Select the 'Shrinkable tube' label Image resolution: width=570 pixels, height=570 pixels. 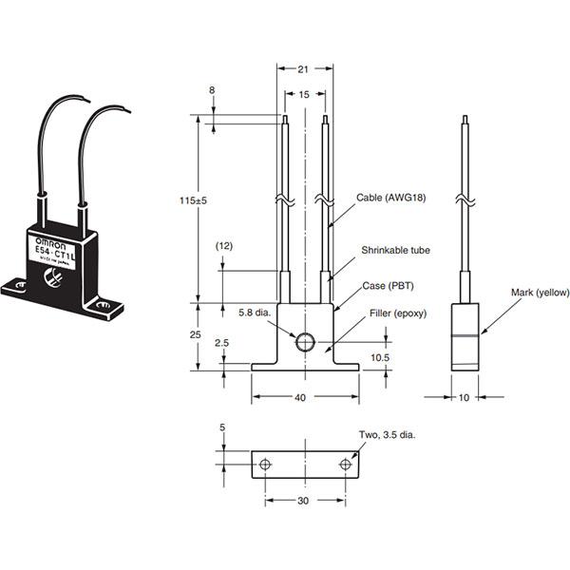pos(395,251)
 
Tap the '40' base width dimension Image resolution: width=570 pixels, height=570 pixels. pos(301,399)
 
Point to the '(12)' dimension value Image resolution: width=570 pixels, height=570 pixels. pos(224,247)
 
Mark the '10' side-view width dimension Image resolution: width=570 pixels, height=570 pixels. pos(465,399)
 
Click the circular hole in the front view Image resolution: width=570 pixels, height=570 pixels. pos(305,342)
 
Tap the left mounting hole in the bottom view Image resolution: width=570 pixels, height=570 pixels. pos(265,464)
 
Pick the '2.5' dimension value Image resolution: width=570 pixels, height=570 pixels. pos(220,343)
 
